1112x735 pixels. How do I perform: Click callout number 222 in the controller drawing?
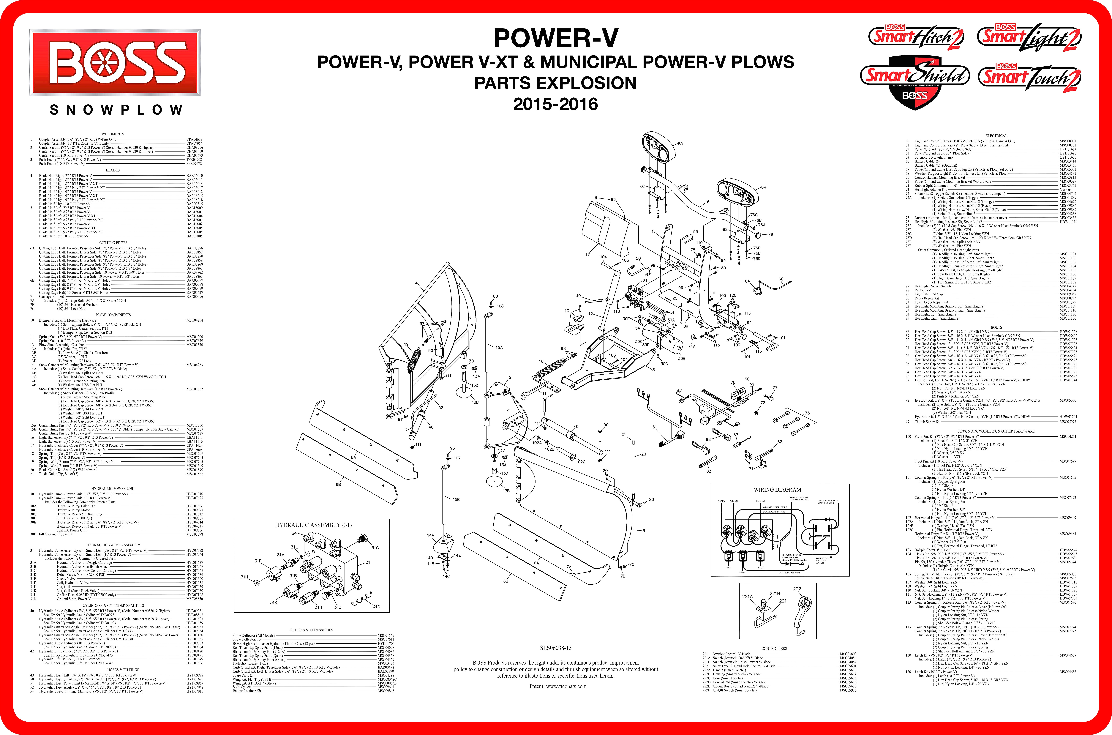tap(797, 589)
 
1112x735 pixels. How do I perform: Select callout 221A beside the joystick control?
tap(747, 597)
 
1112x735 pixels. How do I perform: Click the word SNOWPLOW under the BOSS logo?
tap(116, 110)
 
